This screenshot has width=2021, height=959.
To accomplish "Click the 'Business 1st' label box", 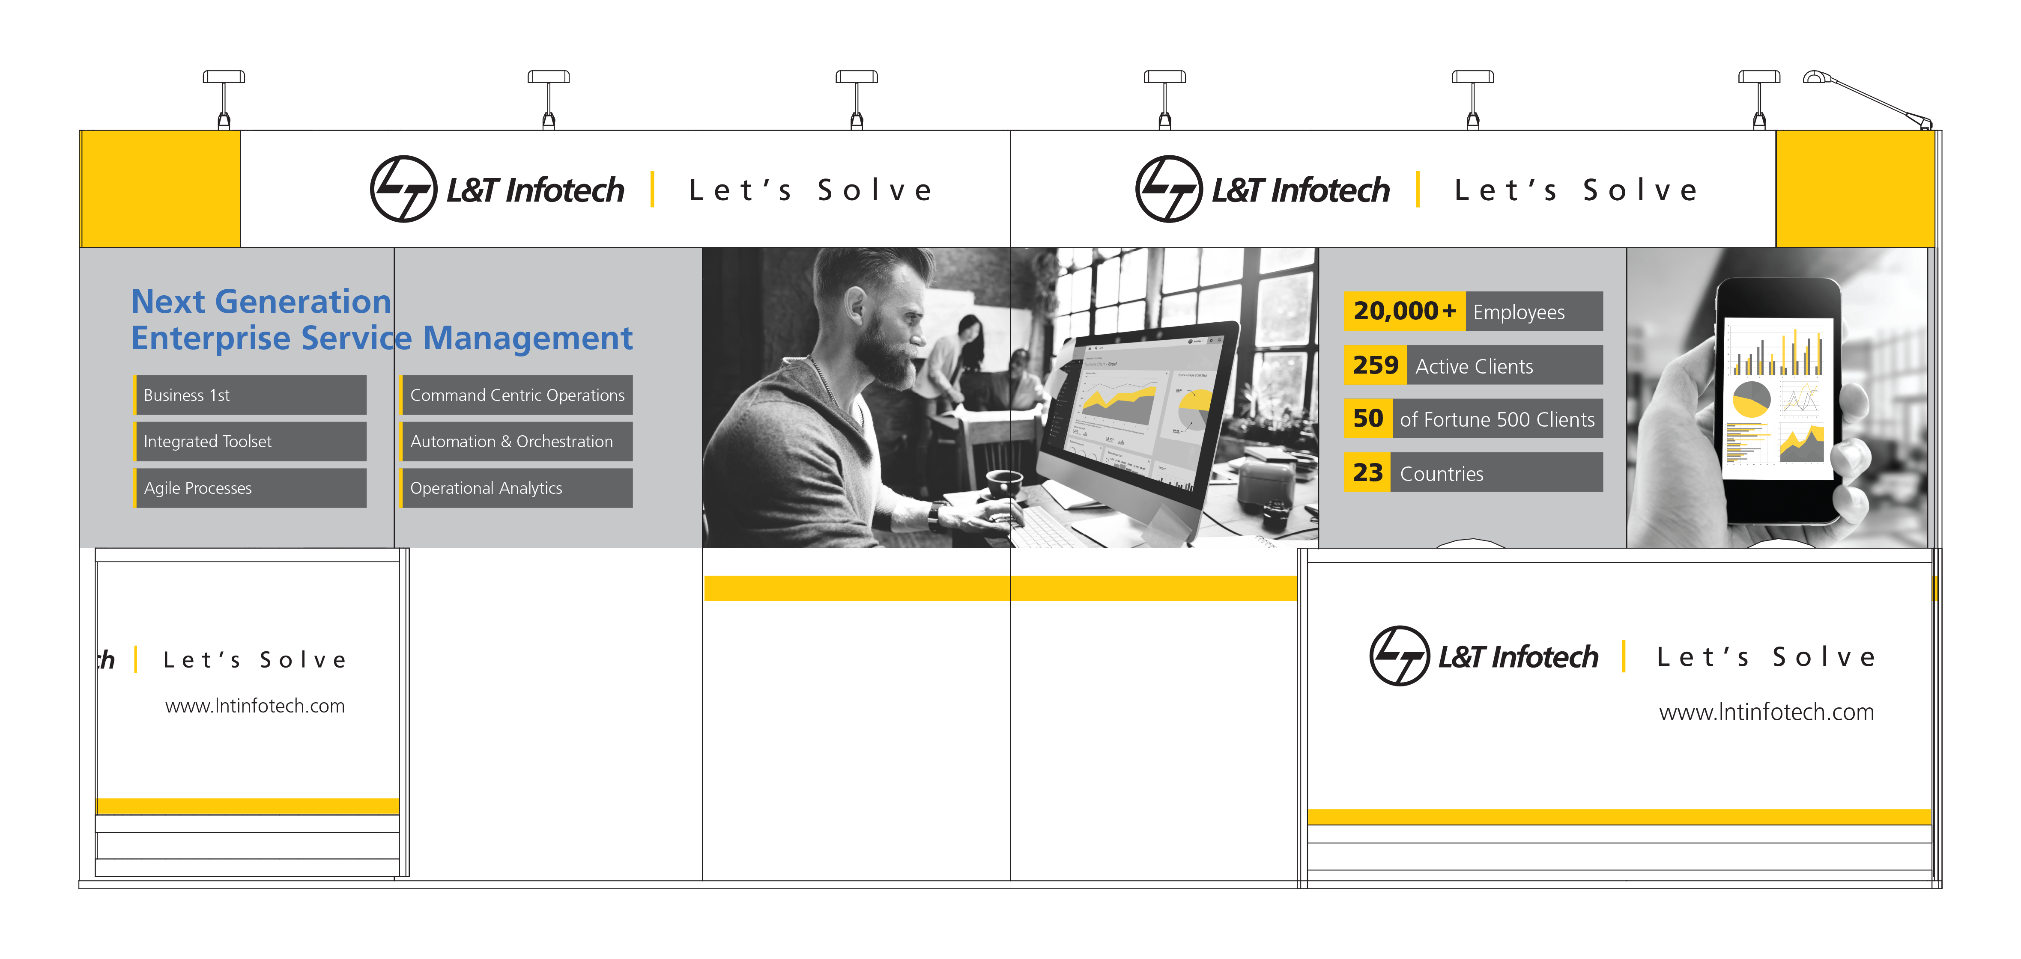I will (x=250, y=395).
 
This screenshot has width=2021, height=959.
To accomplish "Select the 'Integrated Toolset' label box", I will (x=250, y=442).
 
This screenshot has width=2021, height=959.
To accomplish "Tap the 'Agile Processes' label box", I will (x=250, y=488).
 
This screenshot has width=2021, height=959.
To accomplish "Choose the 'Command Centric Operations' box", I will (x=517, y=395).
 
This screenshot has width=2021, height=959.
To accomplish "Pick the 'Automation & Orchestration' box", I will (x=517, y=442).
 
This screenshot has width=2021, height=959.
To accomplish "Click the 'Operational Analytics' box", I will (x=517, y=488).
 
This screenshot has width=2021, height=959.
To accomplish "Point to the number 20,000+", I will (x=1404, y=311).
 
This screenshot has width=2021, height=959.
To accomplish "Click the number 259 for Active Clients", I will (x=1375, y=365).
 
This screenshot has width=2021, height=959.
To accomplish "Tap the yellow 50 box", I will (x=1367, y=419).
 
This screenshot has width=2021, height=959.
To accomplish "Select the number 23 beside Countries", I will (x=1367, y=473).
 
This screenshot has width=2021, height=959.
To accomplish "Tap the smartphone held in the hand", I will (x=1777, y=400).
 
